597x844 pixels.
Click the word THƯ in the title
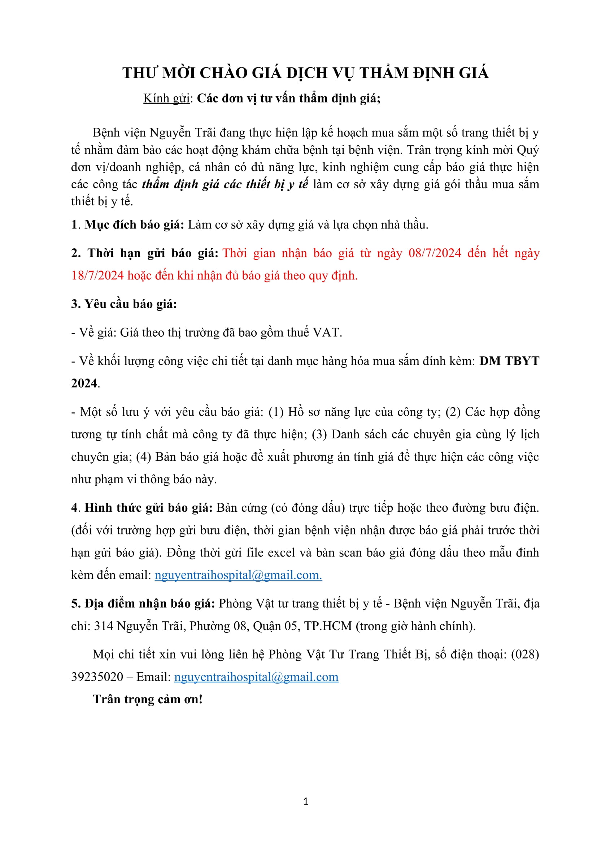point(140,73)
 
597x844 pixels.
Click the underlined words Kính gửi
point(166,99)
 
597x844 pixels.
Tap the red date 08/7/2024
point(435,253)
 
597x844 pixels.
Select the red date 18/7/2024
point(97,276)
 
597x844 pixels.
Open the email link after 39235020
point(256,677)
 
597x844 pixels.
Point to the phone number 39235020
point(97,677)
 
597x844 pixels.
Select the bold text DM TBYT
point(509,361)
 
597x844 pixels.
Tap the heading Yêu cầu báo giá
point(131,304)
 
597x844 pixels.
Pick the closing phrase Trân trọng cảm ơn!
point(148,700)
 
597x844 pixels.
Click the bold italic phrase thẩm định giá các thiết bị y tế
point(225,184)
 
